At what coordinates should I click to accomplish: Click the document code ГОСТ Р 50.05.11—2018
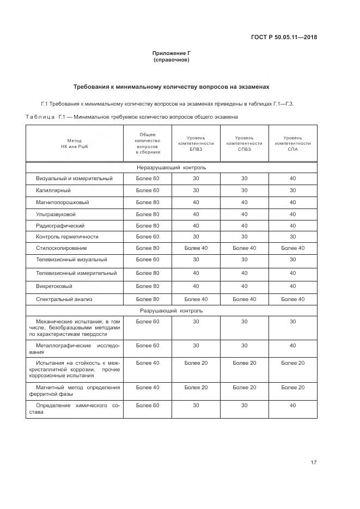coord(284,38)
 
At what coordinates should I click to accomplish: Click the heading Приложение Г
coord(172,53)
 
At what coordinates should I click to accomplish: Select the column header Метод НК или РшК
coord(74,143)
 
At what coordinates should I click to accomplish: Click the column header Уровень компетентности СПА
coord(292,143)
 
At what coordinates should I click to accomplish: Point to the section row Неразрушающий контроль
coord(172,168)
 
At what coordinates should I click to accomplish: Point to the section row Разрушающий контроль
coord(172,311)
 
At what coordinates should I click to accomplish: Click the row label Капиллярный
coord(53,191)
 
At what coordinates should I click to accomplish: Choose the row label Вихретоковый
coord(54,286)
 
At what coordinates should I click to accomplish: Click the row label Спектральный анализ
coord(64,299)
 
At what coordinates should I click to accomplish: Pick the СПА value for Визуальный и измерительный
coord(292,179)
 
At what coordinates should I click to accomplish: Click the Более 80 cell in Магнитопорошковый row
coord(148,203)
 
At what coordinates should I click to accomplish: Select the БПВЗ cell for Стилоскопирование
coord(196,248)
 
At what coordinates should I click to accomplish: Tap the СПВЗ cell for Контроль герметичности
coord(244,237)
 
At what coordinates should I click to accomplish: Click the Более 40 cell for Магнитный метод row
coord(148,387)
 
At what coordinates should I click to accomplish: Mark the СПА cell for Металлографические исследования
coord(292,345)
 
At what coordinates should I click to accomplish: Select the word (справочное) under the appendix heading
coord(172,60)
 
